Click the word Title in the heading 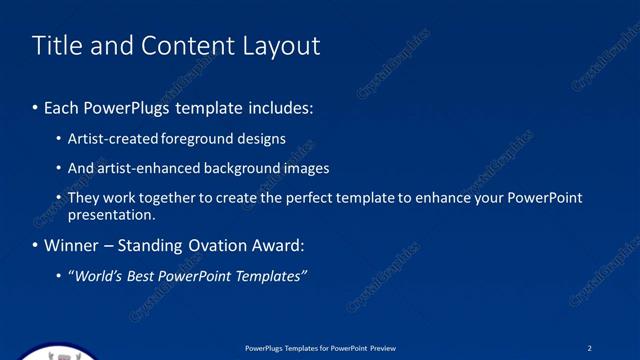coord(56,46)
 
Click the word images coord(306,168)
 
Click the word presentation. coord(111,215)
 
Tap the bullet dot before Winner coord(36,246)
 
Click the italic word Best coord(149,276)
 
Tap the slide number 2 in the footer coord(589,348)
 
